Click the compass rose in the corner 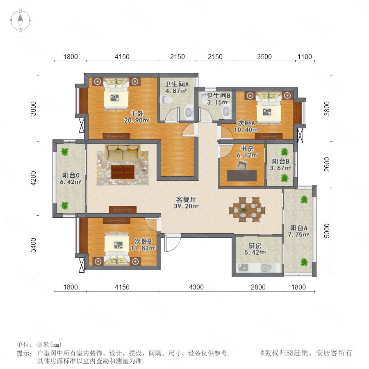point(20,20)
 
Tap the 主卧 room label point(137,114)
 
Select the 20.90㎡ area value point(137,121)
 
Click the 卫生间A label point(176,84)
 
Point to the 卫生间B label point(218,96)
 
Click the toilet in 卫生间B point(227,111)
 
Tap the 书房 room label point(247,149)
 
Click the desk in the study point(241,175)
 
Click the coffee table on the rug point(123,172)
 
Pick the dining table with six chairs point(247,210)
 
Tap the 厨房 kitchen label point(255,246)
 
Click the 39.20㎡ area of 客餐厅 point(187,206)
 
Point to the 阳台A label point(298,228)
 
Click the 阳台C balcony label point(71,175)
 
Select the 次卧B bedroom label point(143,241)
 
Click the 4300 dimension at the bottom point(196,287)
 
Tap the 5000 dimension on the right point(327,230)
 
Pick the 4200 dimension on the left point(34,178)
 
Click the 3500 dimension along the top point(264,57)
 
